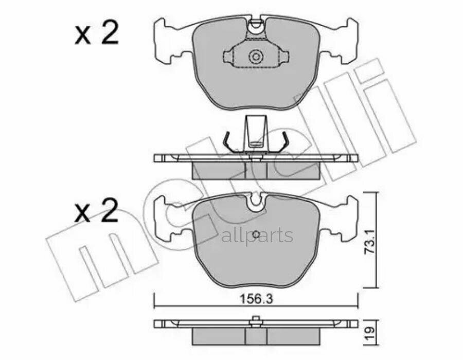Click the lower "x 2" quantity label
coord(96,211)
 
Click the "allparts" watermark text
coord(257,236)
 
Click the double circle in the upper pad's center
coord(255,57)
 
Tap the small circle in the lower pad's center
coord(256,232)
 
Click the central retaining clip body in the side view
coord(255,131)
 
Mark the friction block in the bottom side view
coord(256,336)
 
